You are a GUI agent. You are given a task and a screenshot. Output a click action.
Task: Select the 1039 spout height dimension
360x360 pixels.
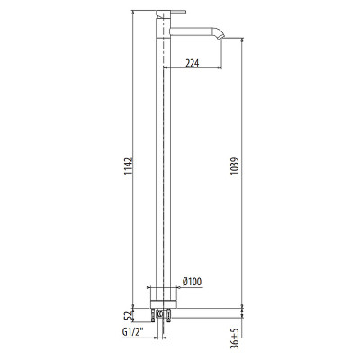(236, 167)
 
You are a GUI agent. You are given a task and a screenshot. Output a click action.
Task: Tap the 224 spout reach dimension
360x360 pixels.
(192, 63)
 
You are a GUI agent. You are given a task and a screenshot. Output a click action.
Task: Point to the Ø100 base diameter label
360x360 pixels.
(192, 282)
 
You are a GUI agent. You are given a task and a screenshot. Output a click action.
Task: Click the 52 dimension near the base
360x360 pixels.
(129, 316)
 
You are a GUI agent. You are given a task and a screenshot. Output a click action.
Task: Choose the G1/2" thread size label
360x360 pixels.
(133, 332)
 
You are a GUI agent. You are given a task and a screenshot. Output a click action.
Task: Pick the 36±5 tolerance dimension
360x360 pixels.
(236, 337)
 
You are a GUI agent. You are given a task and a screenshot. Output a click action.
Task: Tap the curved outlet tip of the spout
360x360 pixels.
(220, 33)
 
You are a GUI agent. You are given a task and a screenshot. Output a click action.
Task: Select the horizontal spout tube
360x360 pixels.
(193, 31)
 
